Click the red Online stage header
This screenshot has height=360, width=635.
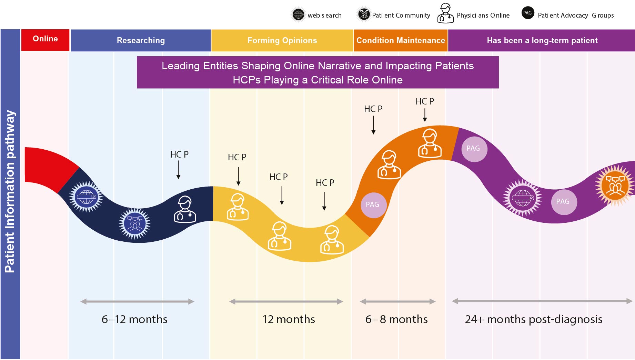(45, 39)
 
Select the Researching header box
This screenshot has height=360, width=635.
(141, 40)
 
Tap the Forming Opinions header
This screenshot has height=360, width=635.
(282, 40)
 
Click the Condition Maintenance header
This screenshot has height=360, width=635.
(400, 40)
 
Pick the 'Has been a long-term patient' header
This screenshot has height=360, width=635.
(542, 40)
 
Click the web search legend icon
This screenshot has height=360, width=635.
(298, 15)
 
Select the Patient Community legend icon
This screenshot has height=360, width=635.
(364, 14)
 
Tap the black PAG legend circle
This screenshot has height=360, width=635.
(527, 13)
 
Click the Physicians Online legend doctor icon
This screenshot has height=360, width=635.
(445, 14)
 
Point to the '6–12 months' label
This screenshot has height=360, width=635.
(134, 319)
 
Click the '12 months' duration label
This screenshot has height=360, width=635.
(289, 319)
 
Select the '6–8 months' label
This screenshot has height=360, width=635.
(396, 319)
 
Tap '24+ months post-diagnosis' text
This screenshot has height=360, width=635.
(533, 319)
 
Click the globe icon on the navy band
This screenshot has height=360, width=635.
(86, 197)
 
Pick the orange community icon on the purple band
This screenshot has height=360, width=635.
(615, 186)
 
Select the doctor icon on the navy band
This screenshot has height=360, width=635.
(185, 210)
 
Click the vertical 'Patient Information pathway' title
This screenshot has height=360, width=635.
(10, 192)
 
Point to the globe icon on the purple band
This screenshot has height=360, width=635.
(522, 198)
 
